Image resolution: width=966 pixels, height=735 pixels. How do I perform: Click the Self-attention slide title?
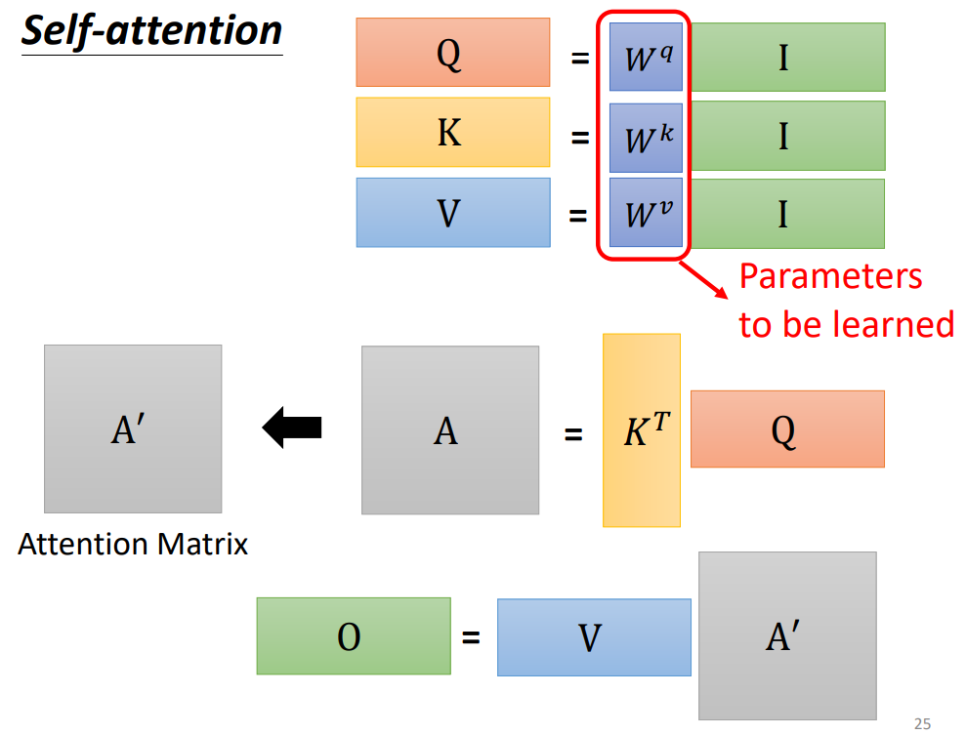coord(151,31)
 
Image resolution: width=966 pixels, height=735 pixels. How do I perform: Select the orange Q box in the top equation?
coord(452,53)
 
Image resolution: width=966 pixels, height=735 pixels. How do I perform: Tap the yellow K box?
coord(452,133)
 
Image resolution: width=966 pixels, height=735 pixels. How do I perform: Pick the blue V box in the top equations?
coord(452,212)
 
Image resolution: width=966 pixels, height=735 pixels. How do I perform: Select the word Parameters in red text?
coord(830,276)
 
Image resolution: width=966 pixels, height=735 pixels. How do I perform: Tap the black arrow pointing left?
coord(292,429)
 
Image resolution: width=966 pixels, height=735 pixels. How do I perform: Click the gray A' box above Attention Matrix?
coord(133,429)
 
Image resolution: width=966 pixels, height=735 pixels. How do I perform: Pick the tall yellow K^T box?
coord(642,430)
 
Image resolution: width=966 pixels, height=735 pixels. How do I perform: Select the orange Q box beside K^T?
coord(787,429)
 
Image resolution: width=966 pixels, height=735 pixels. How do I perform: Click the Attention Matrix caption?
coord(133,544)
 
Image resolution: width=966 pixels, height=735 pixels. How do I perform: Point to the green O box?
coord(354,636)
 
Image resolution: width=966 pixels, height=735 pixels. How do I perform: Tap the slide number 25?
coord(921,723)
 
